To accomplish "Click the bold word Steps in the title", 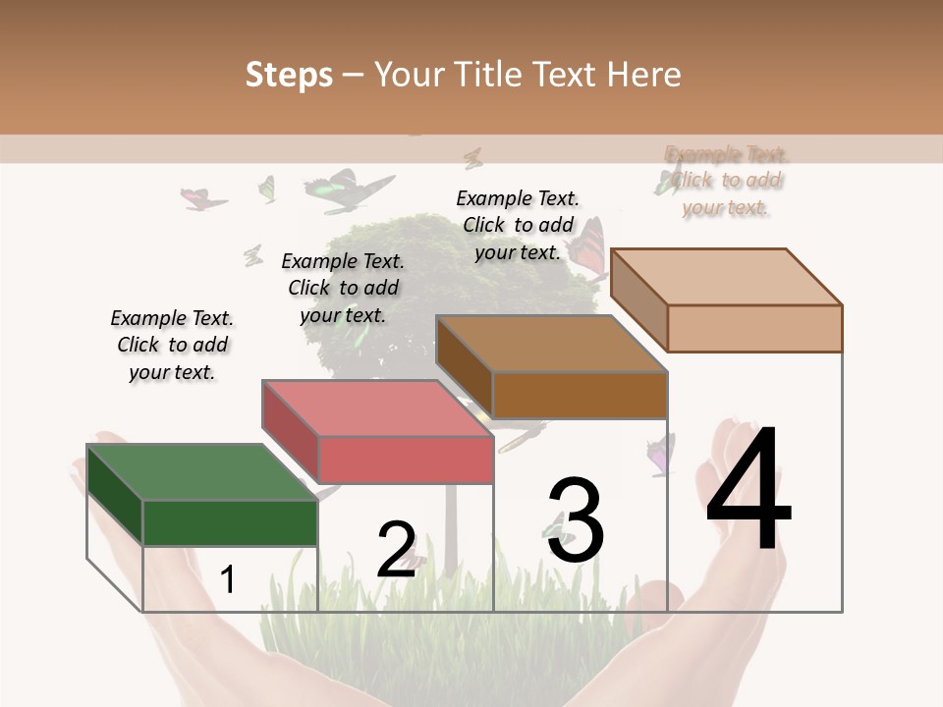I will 289,75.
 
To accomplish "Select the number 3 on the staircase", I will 576,520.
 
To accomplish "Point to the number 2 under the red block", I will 396,550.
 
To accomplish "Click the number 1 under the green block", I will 228,580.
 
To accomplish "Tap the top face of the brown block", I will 551,344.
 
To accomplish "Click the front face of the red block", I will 406,461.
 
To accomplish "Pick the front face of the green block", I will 230,522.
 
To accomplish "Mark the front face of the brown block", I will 580,396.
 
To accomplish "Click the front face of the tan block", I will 754,328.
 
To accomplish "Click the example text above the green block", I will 172,345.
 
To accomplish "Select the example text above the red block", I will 343,288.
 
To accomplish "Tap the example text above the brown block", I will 518,225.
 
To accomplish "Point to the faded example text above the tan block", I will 726,181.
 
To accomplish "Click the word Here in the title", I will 647,75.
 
